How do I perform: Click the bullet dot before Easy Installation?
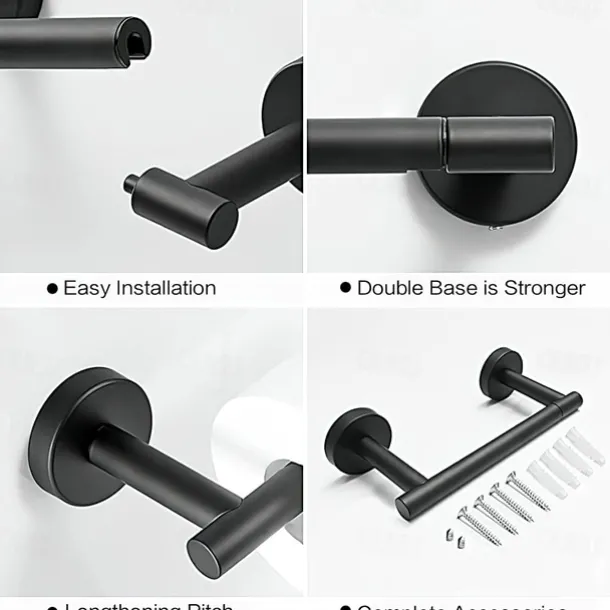[x=52, y=288]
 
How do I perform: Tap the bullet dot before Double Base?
[x=346, y=288]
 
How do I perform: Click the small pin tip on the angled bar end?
[x=130, y=182]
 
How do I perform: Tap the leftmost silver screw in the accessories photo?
[x=479, y=526]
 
